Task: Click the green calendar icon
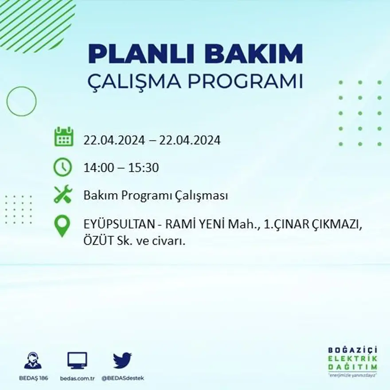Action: [63, 137]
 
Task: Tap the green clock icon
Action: [62, 168]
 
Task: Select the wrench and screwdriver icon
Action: [62, 195]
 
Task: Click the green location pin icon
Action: [62, 225]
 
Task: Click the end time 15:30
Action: [144, 168]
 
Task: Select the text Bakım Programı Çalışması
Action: [156, 195]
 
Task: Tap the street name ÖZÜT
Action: [97, 242]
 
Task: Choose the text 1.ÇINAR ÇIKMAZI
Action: [313, 225]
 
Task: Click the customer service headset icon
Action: [33, 361]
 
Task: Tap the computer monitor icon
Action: [77, 361]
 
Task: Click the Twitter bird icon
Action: [122, 360]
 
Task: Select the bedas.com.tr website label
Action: [78, 378]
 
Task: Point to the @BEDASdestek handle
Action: [123, 378]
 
